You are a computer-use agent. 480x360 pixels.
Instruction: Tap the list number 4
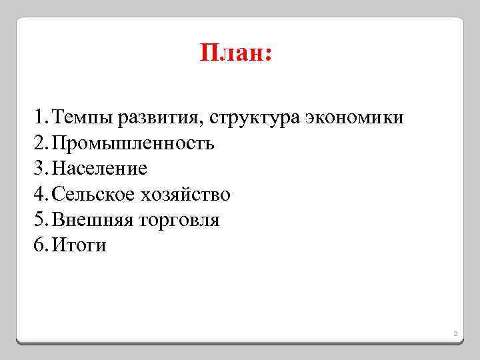(37, 195)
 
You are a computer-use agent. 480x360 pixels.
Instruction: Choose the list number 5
(37, 220)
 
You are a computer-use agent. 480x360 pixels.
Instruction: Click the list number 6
(37, 245)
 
